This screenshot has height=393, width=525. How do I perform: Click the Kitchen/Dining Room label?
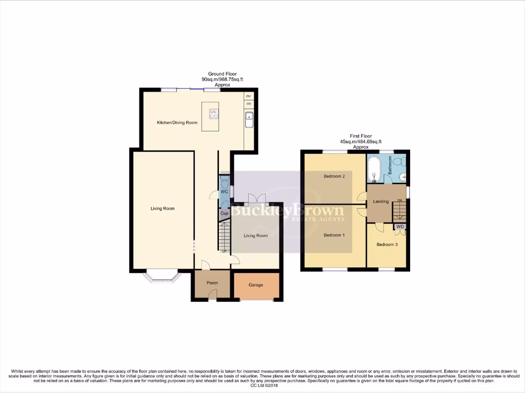177,123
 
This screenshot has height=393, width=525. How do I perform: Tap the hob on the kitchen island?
213,114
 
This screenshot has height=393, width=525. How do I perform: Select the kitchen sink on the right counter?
249,121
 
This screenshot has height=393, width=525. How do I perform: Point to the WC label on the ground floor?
224,192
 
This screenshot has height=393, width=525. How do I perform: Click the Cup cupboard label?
224,213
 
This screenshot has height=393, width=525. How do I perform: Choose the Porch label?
212,283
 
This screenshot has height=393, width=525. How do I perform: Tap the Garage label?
256,285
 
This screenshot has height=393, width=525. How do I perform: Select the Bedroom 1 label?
333,235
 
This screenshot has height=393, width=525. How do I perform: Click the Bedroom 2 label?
333,177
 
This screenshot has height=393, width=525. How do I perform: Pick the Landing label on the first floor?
381,202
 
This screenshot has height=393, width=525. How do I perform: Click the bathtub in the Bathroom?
374,169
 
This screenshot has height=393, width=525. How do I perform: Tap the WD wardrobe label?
400,226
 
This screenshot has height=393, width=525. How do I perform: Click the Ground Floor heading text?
222,74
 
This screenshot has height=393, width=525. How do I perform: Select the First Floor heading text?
361,136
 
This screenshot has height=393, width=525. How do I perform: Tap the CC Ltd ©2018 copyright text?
262,386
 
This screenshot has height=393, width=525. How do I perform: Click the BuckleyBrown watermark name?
288,210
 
